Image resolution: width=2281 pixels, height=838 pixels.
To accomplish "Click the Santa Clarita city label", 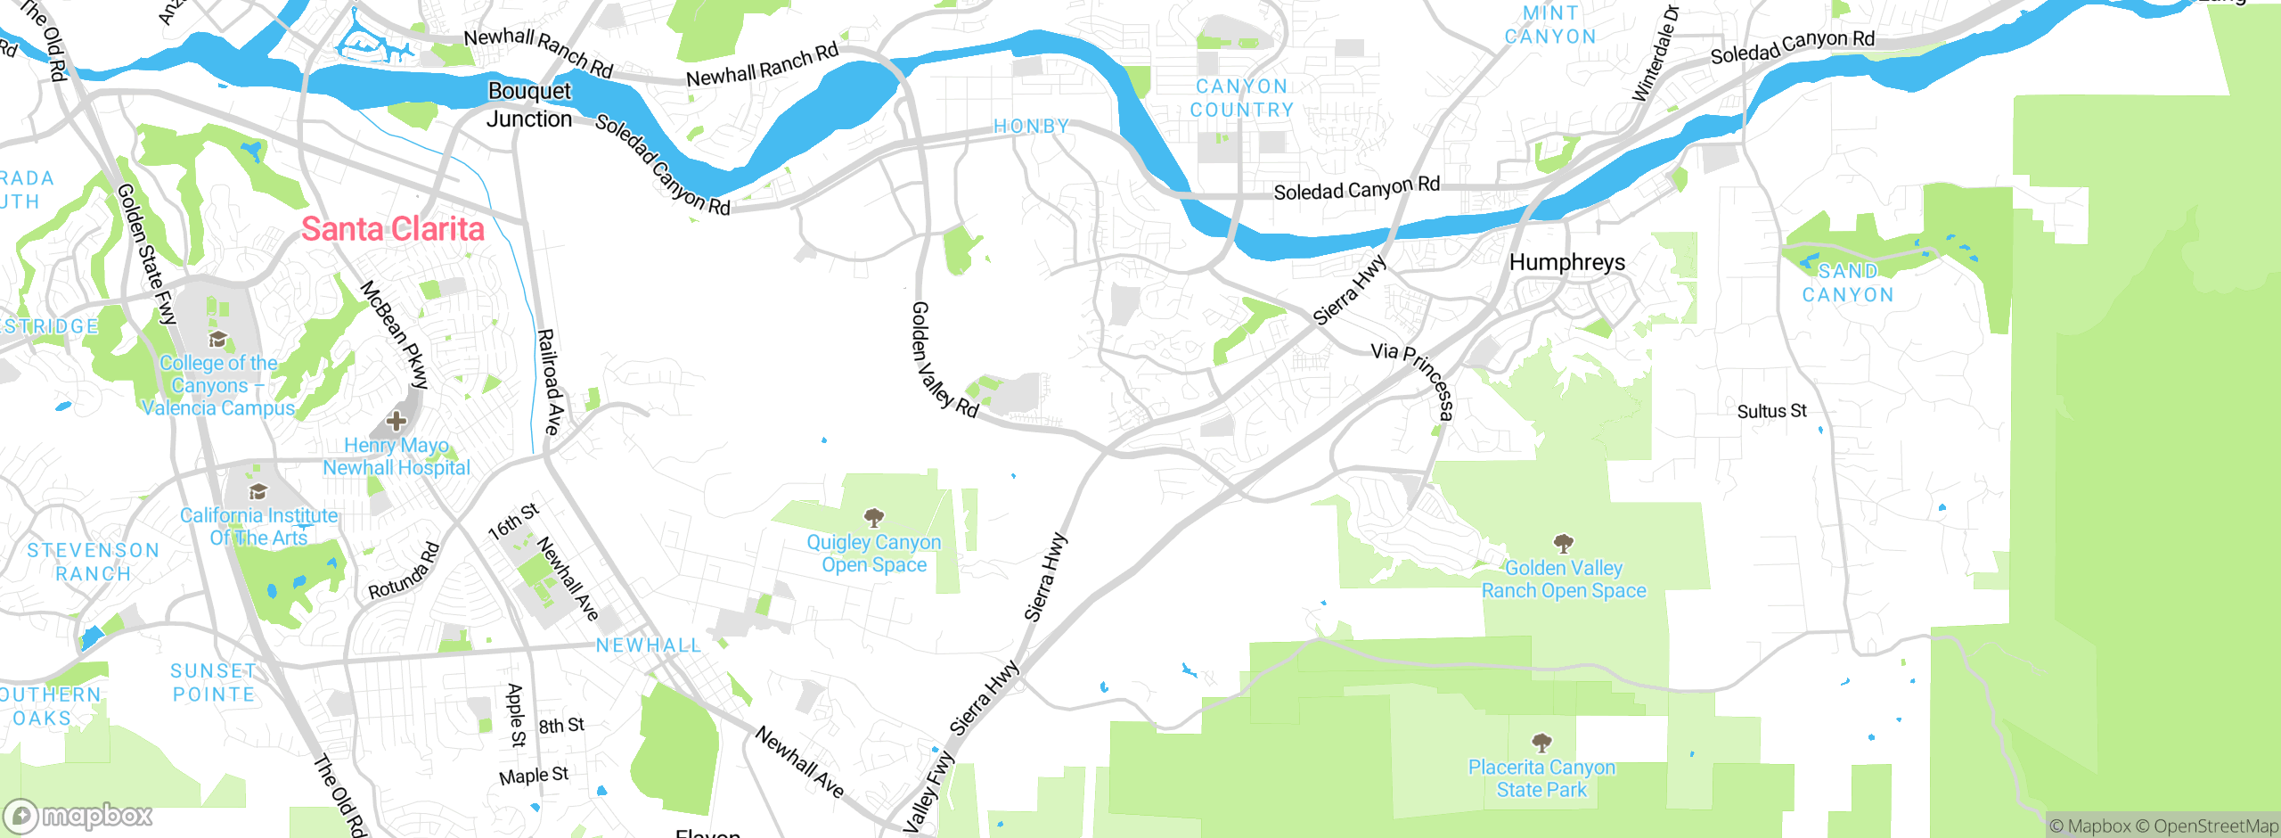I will (x=392, y=229).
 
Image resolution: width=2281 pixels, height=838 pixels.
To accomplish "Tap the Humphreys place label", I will (x=1566, y=262).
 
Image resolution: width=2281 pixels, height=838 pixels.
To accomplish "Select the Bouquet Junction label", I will (x=529, y=105).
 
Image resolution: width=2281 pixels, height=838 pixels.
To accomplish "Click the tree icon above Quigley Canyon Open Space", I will (x=874, y=517).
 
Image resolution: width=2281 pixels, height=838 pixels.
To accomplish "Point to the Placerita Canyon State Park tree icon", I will (x=1541, y=742).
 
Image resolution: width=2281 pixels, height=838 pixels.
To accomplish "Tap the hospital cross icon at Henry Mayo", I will (x=397, y=421).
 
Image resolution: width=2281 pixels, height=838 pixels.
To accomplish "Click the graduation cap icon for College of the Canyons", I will (x=217, y=339).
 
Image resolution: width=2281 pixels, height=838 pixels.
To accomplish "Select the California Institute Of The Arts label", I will (x=258, y=526).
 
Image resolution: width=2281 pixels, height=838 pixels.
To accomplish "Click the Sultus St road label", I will (x=1771, y=411).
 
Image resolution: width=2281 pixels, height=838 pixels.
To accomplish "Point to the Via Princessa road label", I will (x=1415, y=380).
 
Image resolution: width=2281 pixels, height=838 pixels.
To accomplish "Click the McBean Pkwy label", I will (x=395, y=334).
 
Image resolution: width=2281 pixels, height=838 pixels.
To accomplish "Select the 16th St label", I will (x=513, y=522).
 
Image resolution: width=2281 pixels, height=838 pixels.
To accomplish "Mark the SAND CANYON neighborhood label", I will (x=1847, y=283).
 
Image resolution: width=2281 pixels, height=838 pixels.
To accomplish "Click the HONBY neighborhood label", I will (x=1031, y=127).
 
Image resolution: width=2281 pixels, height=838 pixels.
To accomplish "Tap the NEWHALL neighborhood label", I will (x=648, y=645).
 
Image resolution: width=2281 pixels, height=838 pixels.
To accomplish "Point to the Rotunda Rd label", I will (x=405, y=571).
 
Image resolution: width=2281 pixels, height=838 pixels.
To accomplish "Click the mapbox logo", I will (x=78, y=815).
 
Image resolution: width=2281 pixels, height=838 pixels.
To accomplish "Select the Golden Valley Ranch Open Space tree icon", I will (x=1563, y=543).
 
